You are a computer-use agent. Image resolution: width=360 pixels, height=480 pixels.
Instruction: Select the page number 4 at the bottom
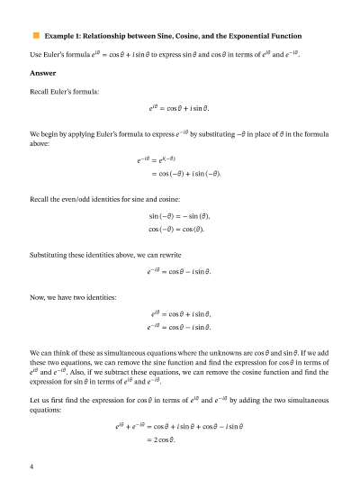[32, 442]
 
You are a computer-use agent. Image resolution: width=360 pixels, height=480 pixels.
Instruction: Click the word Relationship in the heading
[111, 36]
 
